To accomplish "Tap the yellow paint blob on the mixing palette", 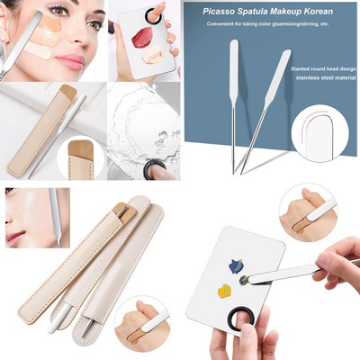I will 224,291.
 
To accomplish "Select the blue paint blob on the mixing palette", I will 237,265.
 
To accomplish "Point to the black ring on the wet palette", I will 157,167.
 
